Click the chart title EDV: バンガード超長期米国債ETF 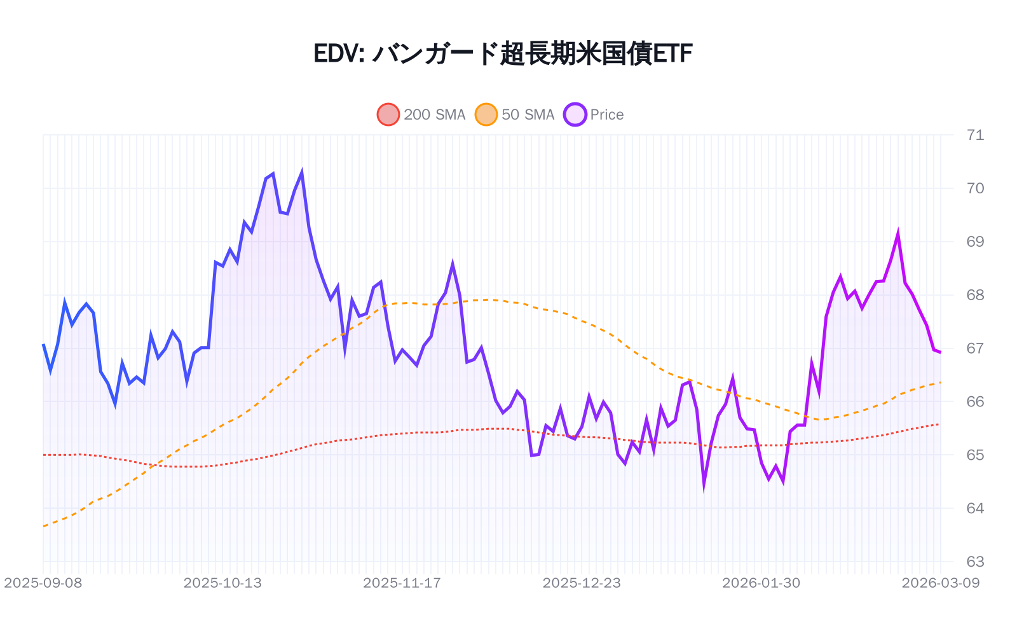[502, 54]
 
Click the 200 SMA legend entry [422, 114]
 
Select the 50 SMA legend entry [515, 114]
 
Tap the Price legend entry [594, 114]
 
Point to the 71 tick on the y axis [974, 135]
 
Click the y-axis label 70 [974, 188]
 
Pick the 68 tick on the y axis [974, 295]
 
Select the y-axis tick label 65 [974, 455]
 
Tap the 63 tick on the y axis [974, 562]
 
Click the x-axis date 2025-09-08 [43, 583]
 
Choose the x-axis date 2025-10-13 [222, 583]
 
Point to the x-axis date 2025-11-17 [402, 583]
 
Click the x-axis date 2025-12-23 [581, 583]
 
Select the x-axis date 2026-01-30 [761, 583]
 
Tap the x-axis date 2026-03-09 [940, 583]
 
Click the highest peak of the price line [302, 172]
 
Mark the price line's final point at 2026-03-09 [940, 352]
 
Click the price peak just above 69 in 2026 [898, 233]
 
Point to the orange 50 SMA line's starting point [43, 527]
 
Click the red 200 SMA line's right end [940, 424]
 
